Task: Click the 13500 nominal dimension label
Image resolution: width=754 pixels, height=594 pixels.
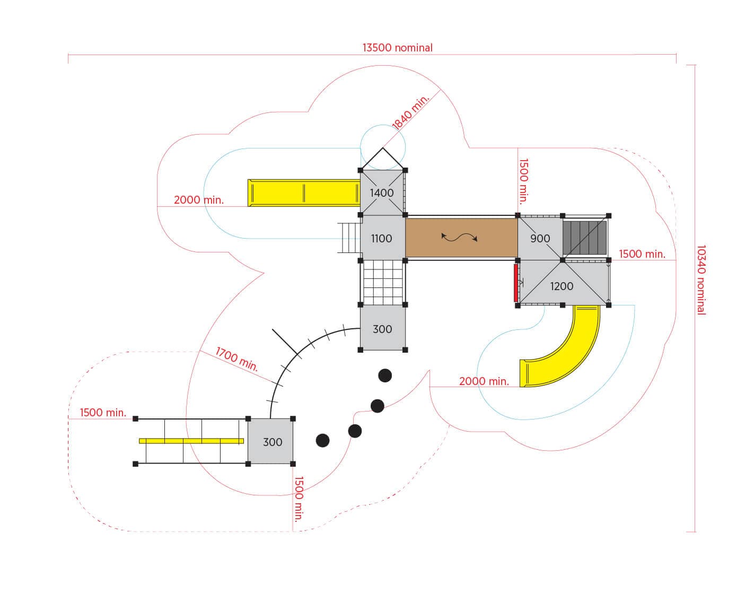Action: pyautogui.click(x=397, y=48)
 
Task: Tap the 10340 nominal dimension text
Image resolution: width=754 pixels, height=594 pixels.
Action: pyautogui.click(x=701, y=280)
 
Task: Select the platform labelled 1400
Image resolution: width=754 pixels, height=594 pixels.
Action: pyautogui.click(x=383, y=193)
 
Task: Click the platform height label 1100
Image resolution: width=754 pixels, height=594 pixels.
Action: pyautogui.click(x=382, y=239)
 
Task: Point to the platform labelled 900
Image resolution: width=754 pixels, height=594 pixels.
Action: pyautogui.click(x=540, y=238)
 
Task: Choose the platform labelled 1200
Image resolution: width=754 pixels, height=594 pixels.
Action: pyautogui.click(x=563, y=283)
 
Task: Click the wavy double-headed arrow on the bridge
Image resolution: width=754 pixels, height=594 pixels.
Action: pyautogui.click(x=459, y=238)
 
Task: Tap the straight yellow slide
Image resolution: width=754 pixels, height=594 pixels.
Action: pyautogui.click(x=304, y=193)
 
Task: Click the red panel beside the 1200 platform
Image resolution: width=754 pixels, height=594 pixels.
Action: pyautogui.click(x=516, y=283)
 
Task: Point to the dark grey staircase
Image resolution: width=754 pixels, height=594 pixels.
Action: pyautogui.click(x=585, y=238)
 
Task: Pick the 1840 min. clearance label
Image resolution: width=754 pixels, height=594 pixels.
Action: pyautogui.click(x=410, y=112)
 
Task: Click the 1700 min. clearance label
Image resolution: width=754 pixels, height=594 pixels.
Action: pyautogui.click(x=237, y=359)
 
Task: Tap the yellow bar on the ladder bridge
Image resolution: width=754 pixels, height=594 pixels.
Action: pyautogui.click(x=191, y=441)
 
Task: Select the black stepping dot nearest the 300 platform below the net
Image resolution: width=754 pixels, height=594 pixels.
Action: pyautogui.click(x=385, y=375)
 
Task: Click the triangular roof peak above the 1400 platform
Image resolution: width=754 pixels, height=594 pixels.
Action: pyautogui.click(x=383, y=148)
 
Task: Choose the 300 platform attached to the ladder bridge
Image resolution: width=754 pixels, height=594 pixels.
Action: pyautogui.click(x=270, y=441)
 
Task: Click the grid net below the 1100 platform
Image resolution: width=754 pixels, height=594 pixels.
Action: pyautogui.click(x=383, y=283)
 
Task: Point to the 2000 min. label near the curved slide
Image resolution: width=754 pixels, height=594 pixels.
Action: pyautogui.click(x=484, y=381)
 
